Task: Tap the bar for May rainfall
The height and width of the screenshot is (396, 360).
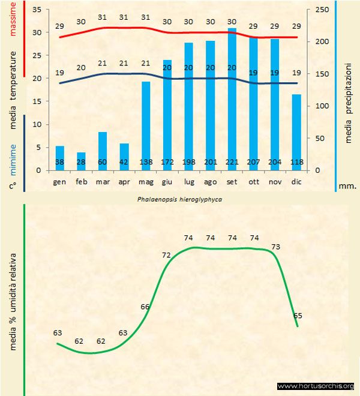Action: point(146,120)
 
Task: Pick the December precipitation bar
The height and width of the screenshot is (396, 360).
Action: point(296,129)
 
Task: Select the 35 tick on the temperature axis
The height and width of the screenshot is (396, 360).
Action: point(37,10)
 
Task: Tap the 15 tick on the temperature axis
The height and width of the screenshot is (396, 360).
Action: point(37,102)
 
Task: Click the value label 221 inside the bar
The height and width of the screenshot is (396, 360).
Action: point(232,163)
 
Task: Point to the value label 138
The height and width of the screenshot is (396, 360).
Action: point(146,163)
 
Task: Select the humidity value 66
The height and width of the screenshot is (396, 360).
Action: point(145,307)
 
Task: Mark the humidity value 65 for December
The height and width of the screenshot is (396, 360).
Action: point(298,315)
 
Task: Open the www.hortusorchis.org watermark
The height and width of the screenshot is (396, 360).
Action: point(316,386)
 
